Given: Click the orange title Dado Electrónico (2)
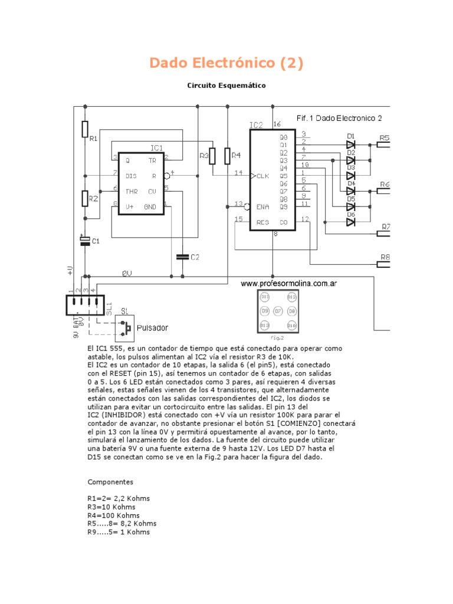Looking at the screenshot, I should (226, 63).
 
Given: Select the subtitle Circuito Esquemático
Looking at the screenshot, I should (226, 86).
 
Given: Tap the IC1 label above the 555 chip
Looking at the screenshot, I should (156, 148).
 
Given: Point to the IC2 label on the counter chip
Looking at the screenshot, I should (256, 125).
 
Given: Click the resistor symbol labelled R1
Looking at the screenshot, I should (86, 129).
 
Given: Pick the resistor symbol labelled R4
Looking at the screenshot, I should (228, 156).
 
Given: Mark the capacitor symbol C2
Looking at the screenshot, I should (182, 257).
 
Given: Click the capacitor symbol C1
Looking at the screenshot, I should (86, 240).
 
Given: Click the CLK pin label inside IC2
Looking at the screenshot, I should (262, 176).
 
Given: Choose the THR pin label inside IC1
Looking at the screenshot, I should (131, 191).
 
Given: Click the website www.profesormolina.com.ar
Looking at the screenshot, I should (288, 284).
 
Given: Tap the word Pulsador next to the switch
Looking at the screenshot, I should (152, 327).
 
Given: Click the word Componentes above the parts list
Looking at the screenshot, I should (110, 482).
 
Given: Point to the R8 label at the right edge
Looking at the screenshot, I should (385, 257).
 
